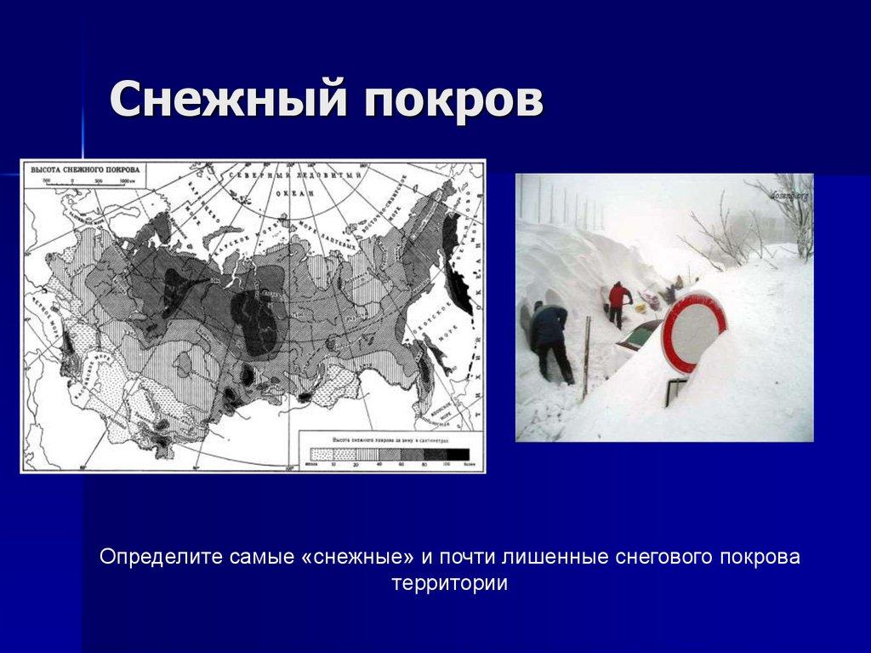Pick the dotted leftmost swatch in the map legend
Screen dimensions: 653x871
coord(322,454)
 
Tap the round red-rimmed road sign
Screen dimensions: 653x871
coord(693,331)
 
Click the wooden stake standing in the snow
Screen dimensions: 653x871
coord(586,358)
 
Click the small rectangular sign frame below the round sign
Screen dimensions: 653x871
coord(677,390)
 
